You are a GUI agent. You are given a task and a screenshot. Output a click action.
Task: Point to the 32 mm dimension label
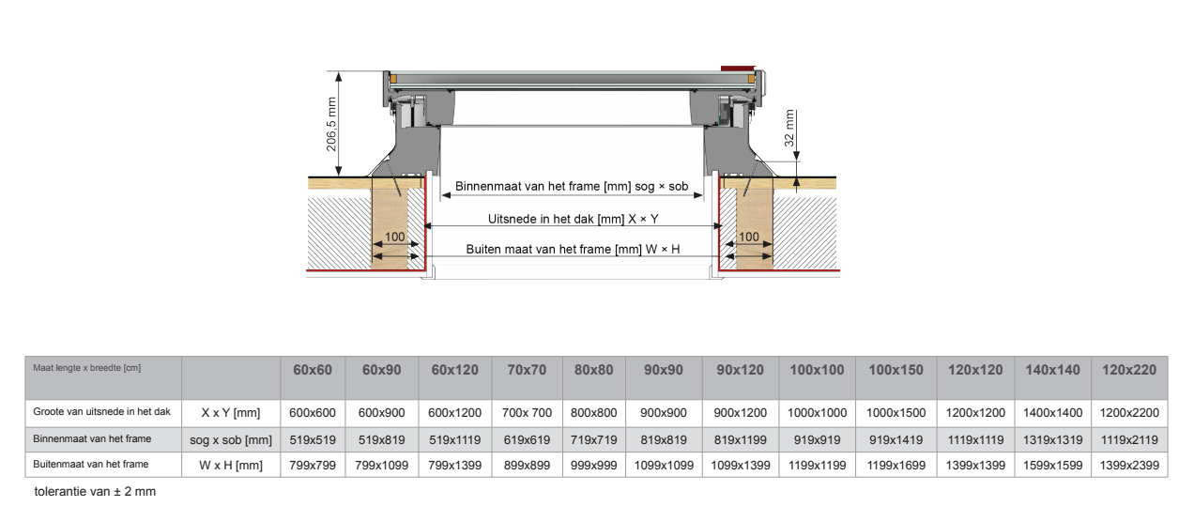tap(789, 126)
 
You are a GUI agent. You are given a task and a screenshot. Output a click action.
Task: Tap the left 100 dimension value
tap(395, 237)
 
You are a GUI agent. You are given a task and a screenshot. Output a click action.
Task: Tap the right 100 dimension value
tap(749, 237)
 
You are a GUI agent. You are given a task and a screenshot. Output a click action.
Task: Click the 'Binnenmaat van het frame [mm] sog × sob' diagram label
tap(572, 187)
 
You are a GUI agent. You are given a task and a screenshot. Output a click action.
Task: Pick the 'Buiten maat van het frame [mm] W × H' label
tap(573, 250)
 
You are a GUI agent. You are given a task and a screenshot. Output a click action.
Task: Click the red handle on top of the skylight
tap(737, 68)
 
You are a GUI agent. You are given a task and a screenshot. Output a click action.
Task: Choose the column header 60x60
tap(313, 370)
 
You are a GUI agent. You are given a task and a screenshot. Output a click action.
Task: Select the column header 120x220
tap(1129, 370)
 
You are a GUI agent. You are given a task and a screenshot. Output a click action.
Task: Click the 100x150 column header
tap(895, 370)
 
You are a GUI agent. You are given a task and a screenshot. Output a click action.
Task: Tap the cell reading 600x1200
tap(455, 412)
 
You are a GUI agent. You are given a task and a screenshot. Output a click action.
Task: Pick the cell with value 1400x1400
tap(1052, 412)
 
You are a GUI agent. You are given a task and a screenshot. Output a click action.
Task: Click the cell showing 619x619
tap(528, 438)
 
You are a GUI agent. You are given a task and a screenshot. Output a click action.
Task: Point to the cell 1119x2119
tap(1129, 438)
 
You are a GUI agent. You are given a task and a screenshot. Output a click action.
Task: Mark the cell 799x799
tap(313, 465)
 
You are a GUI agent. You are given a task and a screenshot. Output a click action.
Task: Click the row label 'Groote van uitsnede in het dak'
tap(101, 411)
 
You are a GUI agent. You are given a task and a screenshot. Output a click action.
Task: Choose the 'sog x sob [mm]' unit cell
tap(231, 438)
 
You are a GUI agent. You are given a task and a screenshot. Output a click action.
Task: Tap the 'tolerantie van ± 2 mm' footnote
tap(95, 491)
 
